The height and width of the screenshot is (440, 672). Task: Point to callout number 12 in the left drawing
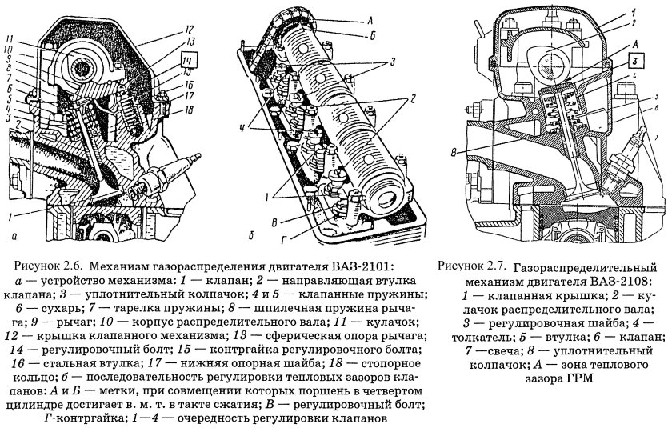pos(189,26)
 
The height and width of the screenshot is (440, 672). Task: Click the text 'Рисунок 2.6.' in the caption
pos(49,266)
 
